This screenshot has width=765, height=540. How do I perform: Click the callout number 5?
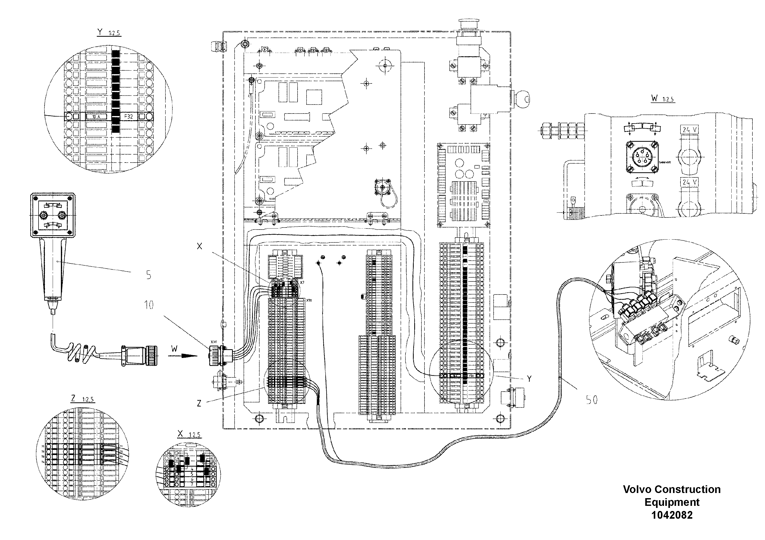pos(149,275)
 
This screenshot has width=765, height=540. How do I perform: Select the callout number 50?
pos(591,400)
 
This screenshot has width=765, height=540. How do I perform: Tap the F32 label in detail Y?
pos(128,117)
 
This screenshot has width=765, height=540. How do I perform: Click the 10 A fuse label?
pos(96,117)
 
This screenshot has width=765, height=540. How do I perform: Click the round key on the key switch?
pos(524,99)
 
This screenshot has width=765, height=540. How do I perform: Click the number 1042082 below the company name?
pos(672,515)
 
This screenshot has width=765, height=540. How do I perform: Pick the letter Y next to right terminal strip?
pos(529,378)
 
